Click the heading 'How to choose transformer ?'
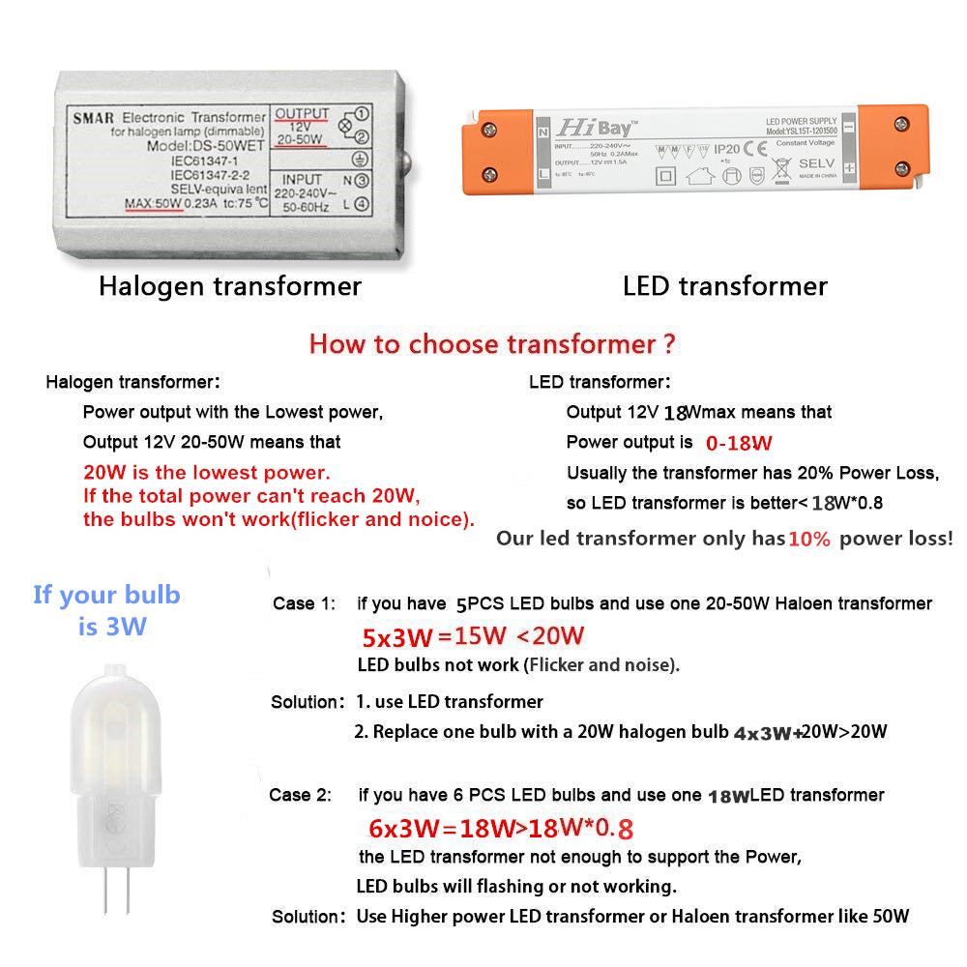coord(492,344)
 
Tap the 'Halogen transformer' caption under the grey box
coord(230,286)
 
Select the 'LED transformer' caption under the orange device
coord(724,286)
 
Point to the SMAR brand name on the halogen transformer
coord(93,118)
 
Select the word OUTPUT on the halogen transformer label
coord(302,114)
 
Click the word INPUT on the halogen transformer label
coord(302,180)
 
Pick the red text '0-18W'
coord(739,444)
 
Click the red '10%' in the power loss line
coord(809,540)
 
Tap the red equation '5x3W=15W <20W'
coord(474,637)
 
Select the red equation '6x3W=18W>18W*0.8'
coord(501,829)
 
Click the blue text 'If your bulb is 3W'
coord(106,610)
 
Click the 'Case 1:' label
coord(304,603)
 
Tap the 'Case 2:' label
coord(300,795)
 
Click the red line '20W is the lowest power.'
coord(207,474)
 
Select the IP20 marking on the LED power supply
coord(726,150)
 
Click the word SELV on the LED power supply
coord(815,163)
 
